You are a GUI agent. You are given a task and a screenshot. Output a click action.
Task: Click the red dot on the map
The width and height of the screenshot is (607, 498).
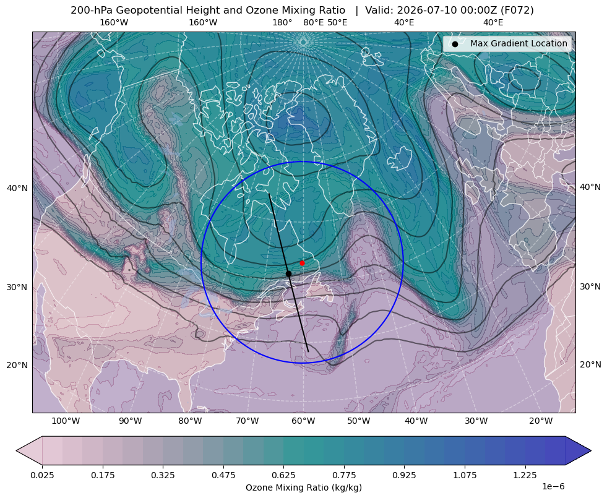click(x=302, y=263)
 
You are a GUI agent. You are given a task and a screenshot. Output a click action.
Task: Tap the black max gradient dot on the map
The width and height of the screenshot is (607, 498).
click(x=288, y=274)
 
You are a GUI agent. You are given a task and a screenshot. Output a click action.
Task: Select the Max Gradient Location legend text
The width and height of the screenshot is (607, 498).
click(x=519, y=43)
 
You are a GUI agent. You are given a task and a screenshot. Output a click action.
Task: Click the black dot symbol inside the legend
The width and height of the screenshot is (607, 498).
click(x=455, y=44)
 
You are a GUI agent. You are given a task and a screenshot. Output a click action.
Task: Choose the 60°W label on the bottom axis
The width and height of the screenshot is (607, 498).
click(x=303, y=421)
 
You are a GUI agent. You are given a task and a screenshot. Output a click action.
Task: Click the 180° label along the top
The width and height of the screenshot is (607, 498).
click(x=282, y=22)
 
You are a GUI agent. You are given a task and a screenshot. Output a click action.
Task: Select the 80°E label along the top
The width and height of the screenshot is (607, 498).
click(x=314, y=22)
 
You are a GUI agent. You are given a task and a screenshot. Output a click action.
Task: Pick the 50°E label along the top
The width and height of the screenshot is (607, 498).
click(x=337, y=22)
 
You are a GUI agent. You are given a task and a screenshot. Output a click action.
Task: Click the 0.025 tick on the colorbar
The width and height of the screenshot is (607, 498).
click(x=42, y=475)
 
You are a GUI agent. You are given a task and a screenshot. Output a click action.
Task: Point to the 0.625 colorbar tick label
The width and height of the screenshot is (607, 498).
click(x=283, y=475)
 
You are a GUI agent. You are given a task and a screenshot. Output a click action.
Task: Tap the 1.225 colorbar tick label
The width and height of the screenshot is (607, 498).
click(x=525, y=475)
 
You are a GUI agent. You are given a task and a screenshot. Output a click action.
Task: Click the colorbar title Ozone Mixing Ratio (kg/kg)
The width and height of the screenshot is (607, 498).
click(x=303, y=487)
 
